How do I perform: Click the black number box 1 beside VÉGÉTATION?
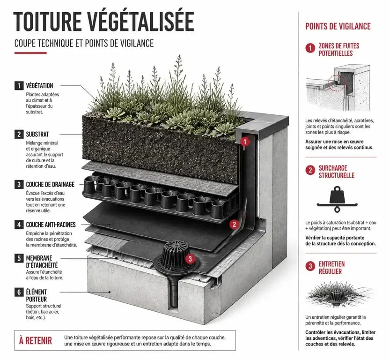(19, 86)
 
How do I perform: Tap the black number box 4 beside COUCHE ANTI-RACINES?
(19, 225)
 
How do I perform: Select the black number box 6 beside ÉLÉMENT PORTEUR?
(19, 292)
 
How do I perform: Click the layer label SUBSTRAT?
(37, 134)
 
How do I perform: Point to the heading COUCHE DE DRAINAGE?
(50, 185)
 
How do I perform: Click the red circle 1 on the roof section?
(245, 142)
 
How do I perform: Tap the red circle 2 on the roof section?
(234, 225)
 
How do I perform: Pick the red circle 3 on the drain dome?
(190, 259)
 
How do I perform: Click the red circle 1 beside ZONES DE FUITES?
(310, 48)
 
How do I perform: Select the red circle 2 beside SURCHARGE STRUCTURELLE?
(310, 170)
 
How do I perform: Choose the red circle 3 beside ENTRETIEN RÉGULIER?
(310, 266)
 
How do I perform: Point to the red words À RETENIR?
(36, 341)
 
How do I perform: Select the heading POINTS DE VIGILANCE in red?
(338, 26)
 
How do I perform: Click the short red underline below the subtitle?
(30, 53)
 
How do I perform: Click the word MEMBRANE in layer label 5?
(39, 258)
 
